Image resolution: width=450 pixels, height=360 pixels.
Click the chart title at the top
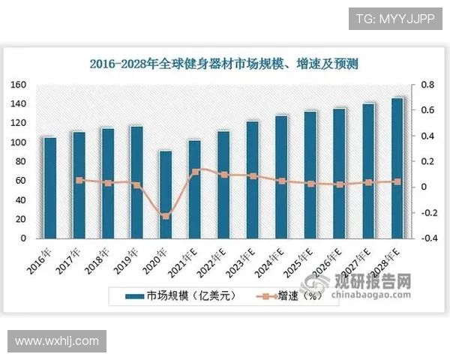(x=223, y=64)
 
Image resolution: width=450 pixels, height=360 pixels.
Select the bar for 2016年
(x=50, y=187)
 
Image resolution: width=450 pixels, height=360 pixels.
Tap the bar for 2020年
(x=165, y=193)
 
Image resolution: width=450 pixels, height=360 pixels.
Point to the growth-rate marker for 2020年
(x=166, y=216)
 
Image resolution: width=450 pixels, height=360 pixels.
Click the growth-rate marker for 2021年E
(x=195, y=172)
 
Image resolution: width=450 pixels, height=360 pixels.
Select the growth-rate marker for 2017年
(x=79, y=180)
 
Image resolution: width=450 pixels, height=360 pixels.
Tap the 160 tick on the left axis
(x=19, y=85)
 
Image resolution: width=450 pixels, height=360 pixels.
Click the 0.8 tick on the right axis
(x=425, y=85)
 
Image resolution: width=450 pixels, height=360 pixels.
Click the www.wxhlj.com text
(x=57, y=341)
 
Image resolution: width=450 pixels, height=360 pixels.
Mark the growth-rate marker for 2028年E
(x=397, y=181)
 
